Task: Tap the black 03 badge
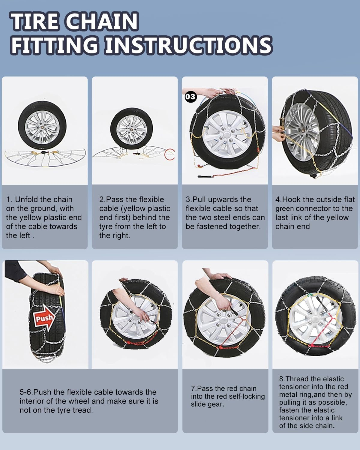(x=190, y=97)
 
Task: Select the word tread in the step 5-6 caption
(x=82, y=410)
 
